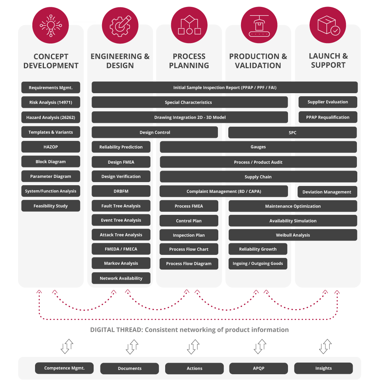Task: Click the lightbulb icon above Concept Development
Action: pyautogui.click(x=50, y=24)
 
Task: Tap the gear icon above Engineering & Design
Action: pyautogui.click(x=120, y=24)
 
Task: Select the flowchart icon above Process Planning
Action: pyautogui.click(x=189, y=24)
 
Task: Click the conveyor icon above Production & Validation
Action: pyautogui.click(x=258, y=24)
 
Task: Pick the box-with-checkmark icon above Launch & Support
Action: pyautogui.click(x=328, y=24)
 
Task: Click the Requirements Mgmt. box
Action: pyautogui.click(x=51, y=88)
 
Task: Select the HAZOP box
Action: pyautogui.click(x=51, y=147)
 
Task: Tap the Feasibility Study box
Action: pyautogui.click(x=51, y=206)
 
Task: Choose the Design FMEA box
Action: pyautogui.click(x=121, y=162)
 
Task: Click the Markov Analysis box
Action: pyautogui.click(x=121, y=263)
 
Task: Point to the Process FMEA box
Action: pyautogui.click(x=189, y=206)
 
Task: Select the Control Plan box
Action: pyautogui.click(x=189, y=221)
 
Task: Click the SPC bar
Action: pyautogui.click(x=293, y=132)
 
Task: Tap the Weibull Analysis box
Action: pyautogui.click(x=293, y=235)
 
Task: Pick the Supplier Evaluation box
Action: pyautogui.click(x=328, y=102)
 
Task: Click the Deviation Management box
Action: pyautogui.click(x=327, y=192)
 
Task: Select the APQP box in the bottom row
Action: pyautogui.click(x=258, y=368)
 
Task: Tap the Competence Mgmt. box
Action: pyautogui.click(x=64, y=368)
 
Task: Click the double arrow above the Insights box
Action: pyautogui.click(x=326, y=346)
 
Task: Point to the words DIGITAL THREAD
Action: pyautogui.click(x=116, y=330)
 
